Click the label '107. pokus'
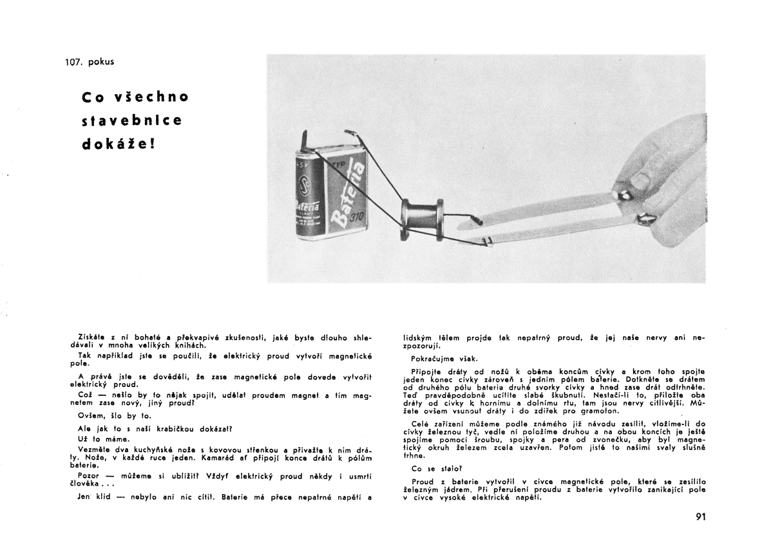click(90, 62)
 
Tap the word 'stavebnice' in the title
click(133, 120)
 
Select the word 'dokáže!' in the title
click(119, 144)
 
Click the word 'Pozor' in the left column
click(89, 476)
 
